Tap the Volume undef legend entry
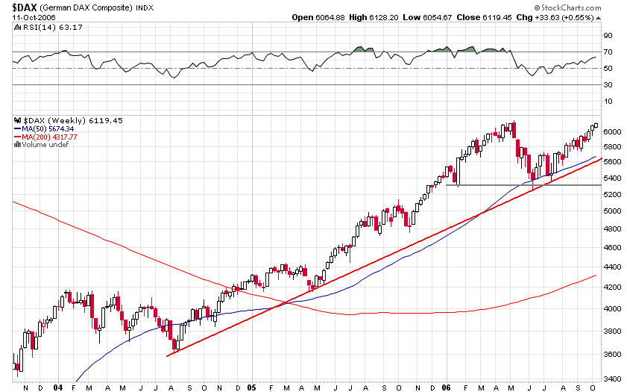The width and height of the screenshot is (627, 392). pos(44,145)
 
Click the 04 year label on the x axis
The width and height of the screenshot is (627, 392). pos(59,388)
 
